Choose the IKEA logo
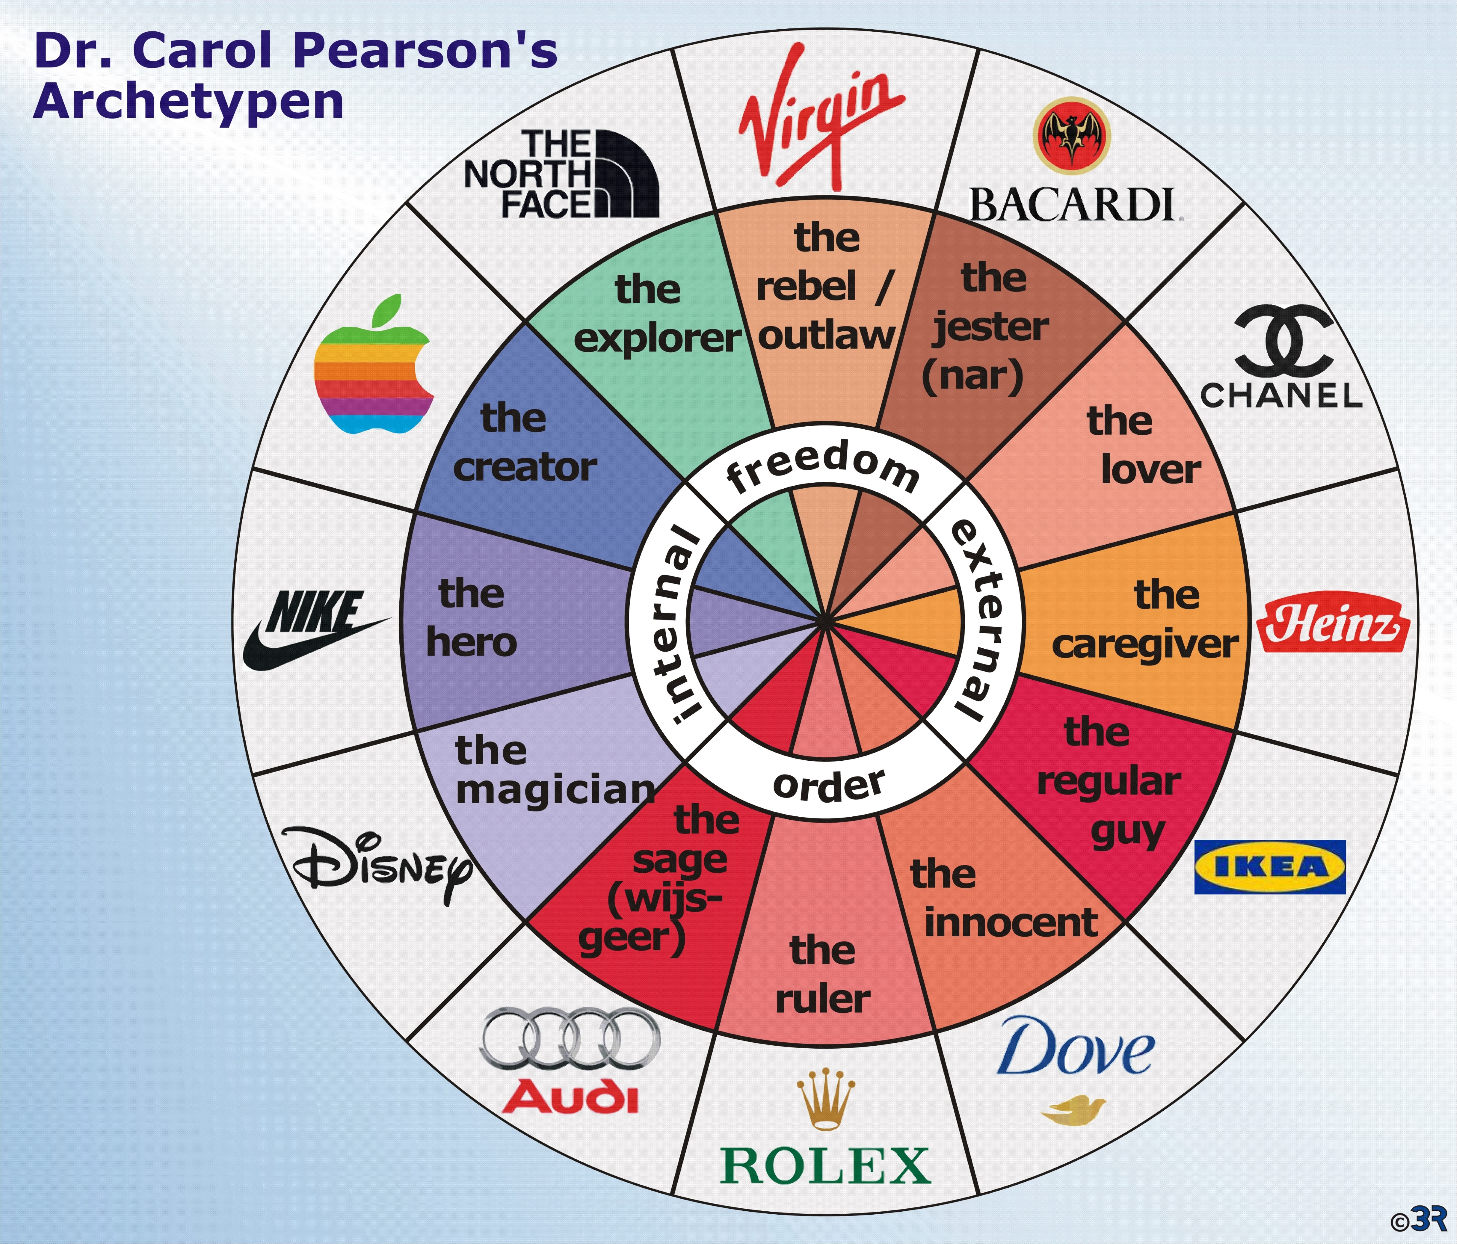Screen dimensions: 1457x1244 (x=1270, y=867)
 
